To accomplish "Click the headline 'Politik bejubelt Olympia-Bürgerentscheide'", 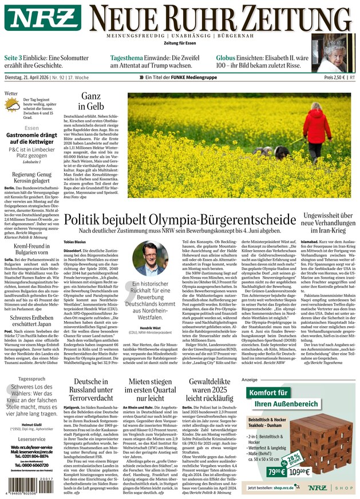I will click(x=180, y=220).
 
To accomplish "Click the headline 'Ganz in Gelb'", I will click(x=90, y=101).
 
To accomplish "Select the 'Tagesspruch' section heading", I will click(x=31, y=379).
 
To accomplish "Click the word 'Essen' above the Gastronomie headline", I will click(x=31, y=128).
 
